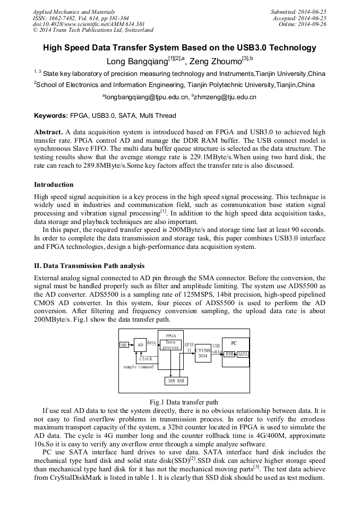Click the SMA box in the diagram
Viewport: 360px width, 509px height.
click(x=124, y=345)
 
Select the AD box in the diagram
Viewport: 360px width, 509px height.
click(x=140, y=345)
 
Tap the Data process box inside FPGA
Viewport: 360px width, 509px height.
click(x=170, y=345)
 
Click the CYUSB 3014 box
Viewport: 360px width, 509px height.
click(x=203, y=353)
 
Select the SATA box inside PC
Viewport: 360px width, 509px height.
click(x=243, y=354)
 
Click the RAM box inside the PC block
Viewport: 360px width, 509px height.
click(x=229, y=354)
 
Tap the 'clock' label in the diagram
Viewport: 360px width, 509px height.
click(x=145, y=359)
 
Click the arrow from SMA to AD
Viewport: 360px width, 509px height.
click(x=131, y=345)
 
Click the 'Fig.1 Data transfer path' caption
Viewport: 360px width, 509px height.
click(x=184, y=402)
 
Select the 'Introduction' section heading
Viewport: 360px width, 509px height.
click(x=54, y=185)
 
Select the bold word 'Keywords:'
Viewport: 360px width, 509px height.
click(x=51, y=115)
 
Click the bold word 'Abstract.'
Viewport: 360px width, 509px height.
click(x=48, y=131)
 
